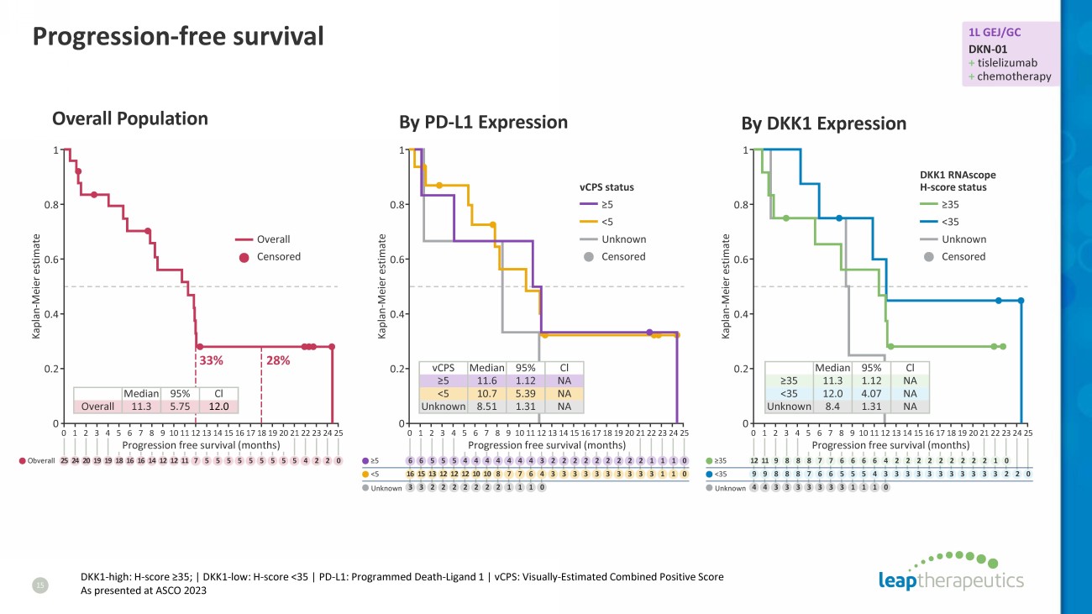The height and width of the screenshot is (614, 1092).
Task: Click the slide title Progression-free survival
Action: [177, 36]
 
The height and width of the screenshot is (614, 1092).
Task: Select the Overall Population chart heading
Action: [130, 118]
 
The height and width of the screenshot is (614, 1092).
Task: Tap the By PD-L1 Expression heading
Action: [483, 122]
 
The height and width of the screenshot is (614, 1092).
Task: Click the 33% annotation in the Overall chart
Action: [210, 360]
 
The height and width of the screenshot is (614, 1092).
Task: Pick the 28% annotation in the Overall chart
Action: [278, 360]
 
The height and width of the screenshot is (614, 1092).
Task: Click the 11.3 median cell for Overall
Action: [140, 407]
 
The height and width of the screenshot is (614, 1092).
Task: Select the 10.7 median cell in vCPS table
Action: [486, 393]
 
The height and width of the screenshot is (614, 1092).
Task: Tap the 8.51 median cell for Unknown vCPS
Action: [486, 407]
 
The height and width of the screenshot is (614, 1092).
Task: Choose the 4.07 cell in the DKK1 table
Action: [872, 393]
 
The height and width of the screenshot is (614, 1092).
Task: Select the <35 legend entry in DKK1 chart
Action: [951, 222]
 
